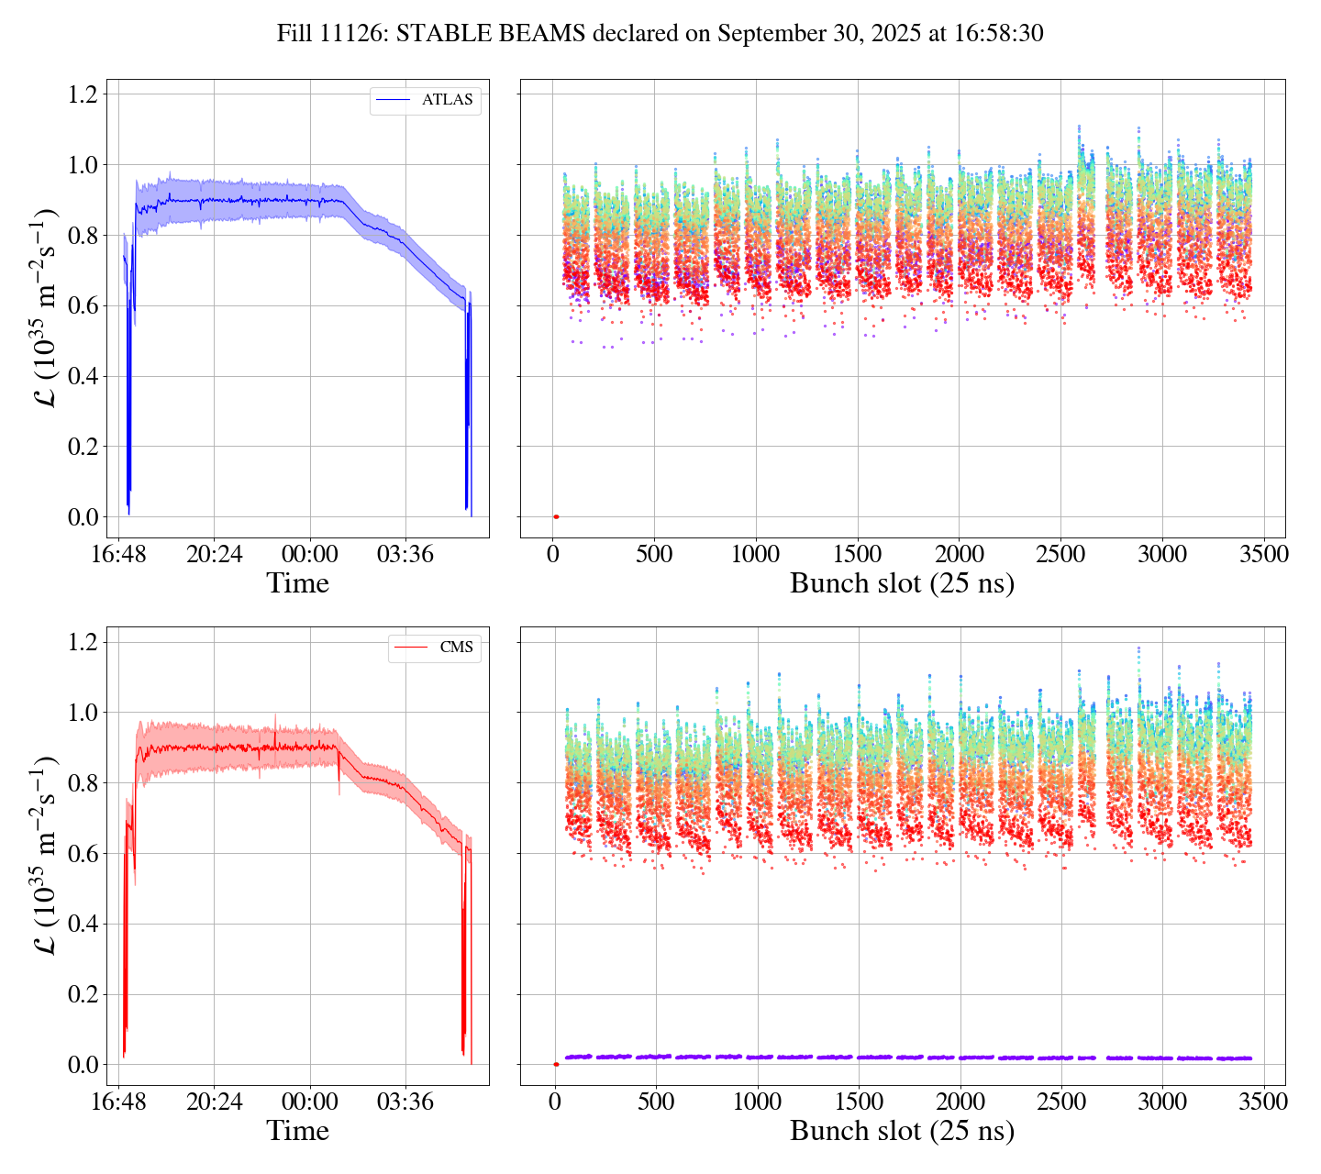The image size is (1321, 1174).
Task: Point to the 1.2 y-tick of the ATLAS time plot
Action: tap(83, 94)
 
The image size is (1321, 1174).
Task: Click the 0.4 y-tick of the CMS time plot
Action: tap(83, 925)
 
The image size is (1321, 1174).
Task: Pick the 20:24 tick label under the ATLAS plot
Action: tap(214, 555)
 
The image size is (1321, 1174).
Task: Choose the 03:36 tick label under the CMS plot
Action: tap(405, 1102)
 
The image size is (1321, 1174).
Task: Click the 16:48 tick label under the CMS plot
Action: tap(119, 1102)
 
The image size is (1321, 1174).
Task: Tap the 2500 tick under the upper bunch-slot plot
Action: tap(1060, 555)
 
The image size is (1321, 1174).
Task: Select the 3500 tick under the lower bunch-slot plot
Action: tap(1263, 1102)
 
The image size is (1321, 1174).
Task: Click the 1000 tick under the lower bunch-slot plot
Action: tap(757, 1102)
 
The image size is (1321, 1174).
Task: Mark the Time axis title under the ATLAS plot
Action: tap(297, 583)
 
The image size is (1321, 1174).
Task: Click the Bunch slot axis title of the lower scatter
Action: tap(902, 1131)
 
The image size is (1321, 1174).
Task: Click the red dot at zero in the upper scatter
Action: tap(556, 517)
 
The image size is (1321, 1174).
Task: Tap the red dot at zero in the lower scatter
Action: tap(556, 1064)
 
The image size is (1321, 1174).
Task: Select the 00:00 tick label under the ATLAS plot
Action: tap(309, 555)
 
